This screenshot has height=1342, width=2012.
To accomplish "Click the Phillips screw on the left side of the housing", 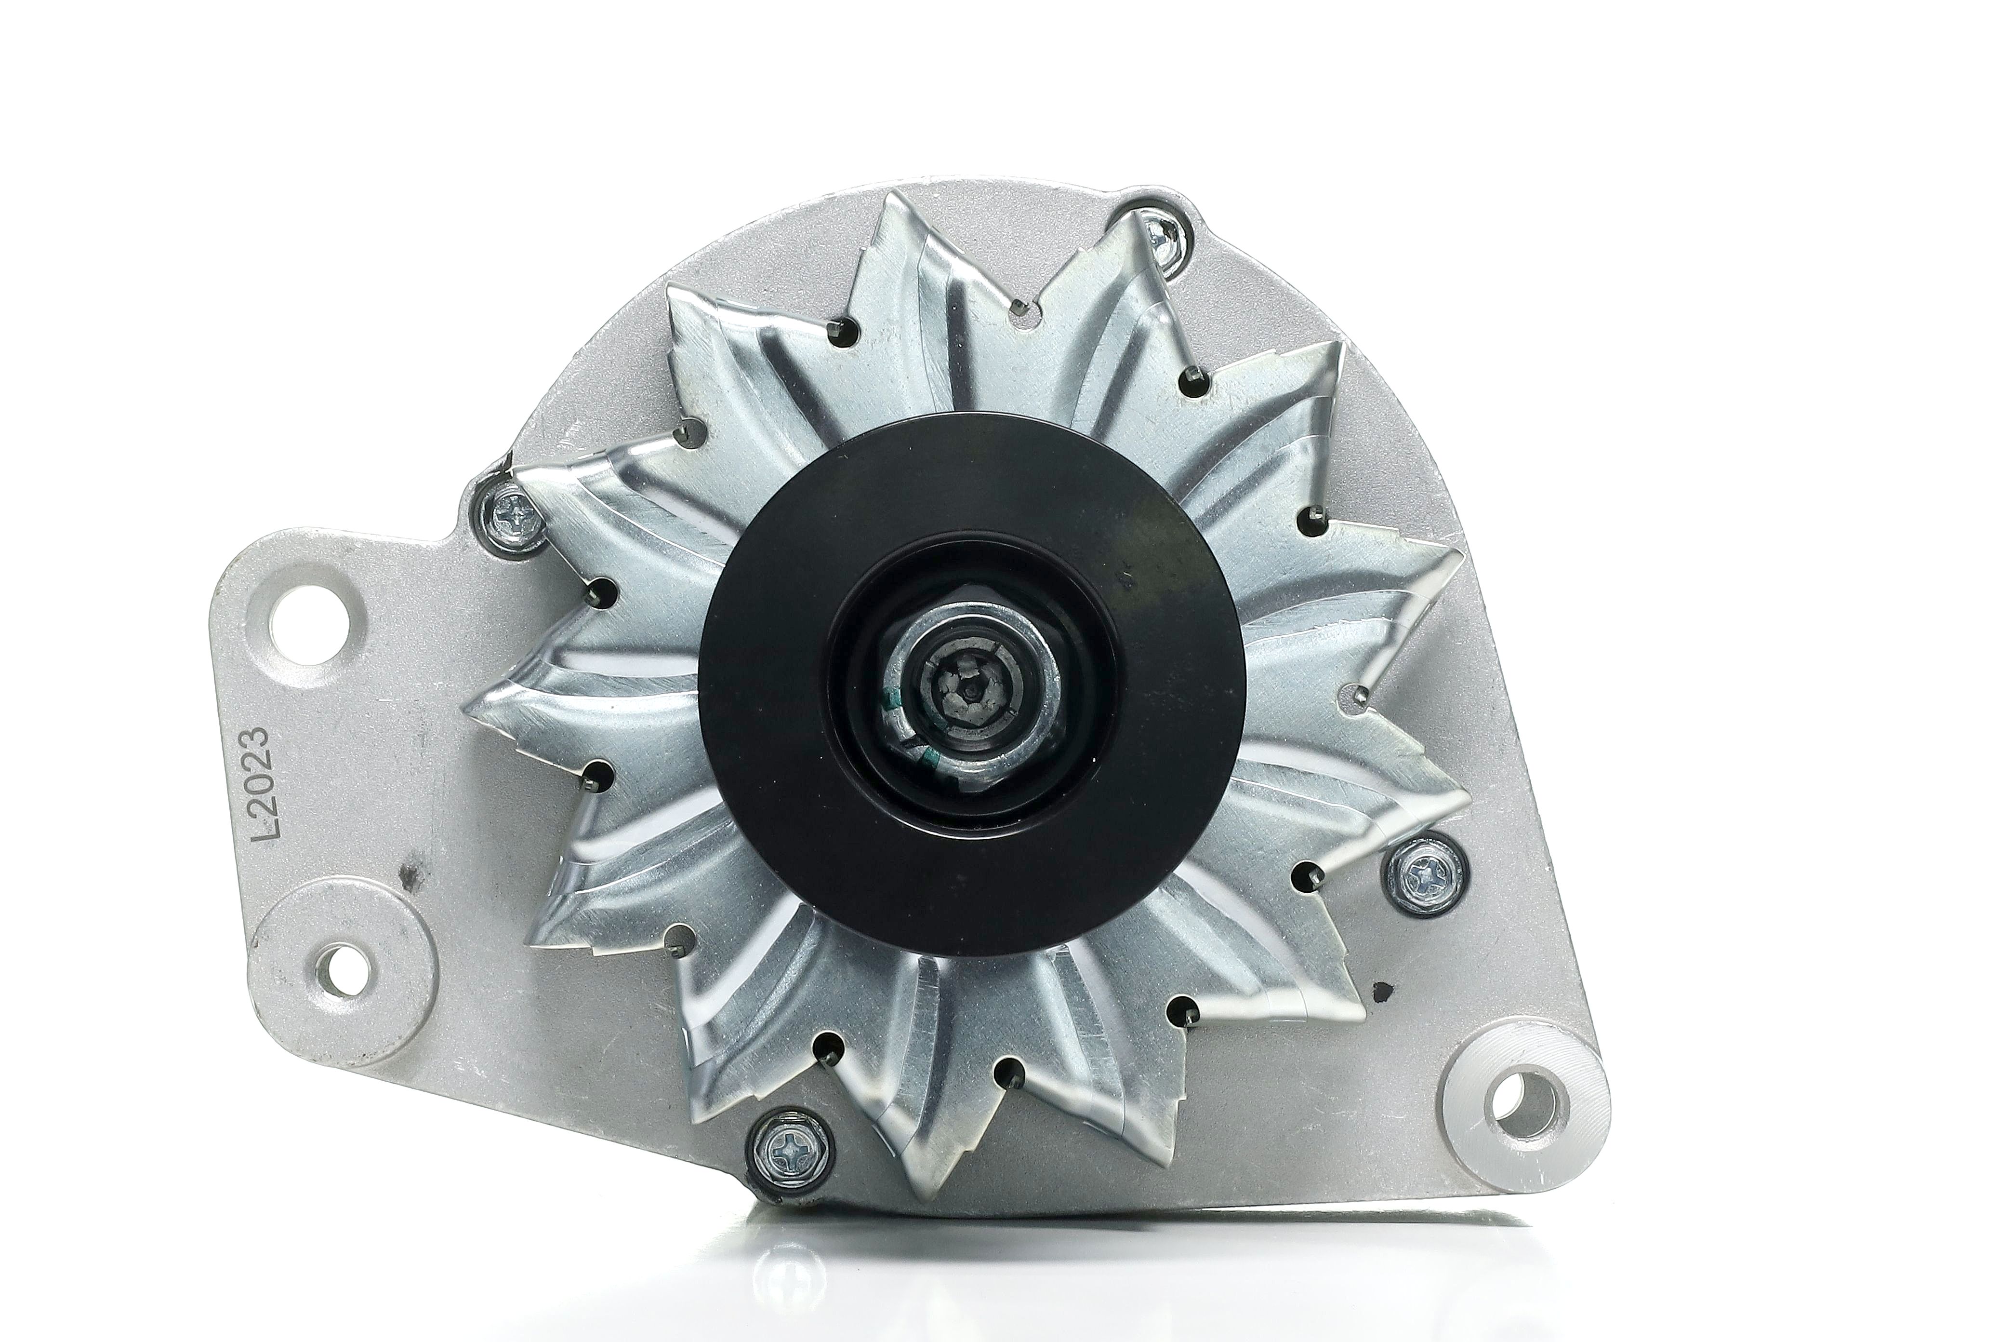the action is (509, 520).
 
